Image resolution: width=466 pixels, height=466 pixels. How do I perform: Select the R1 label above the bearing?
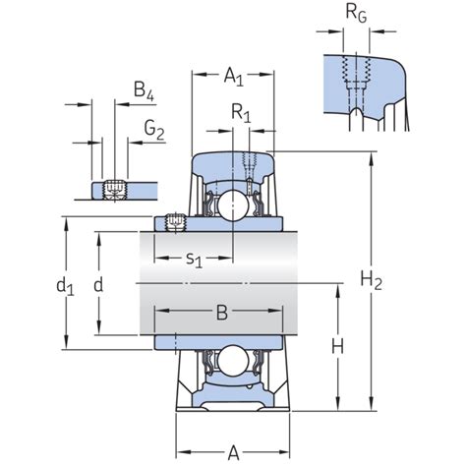tap(241, 115)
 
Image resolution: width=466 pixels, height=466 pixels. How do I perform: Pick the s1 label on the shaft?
tap(195, 260)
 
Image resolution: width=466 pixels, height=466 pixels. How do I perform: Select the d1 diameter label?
tap(65, 286)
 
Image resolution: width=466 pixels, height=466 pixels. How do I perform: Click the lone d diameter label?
tap(98, 285)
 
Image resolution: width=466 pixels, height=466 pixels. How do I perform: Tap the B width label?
tap(221, 314)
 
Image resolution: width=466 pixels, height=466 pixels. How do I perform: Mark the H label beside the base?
tap(335, 346)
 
